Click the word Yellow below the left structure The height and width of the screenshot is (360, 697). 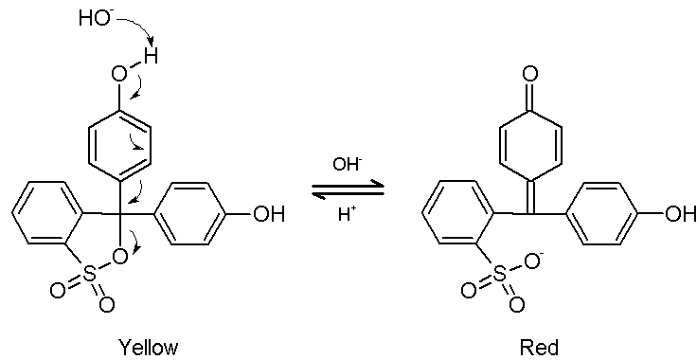tap(148, 347)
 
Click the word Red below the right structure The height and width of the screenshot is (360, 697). tap(538, 347)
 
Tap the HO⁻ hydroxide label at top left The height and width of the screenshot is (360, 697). tap(94, 19)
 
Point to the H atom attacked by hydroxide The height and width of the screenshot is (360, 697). tap(151, 56)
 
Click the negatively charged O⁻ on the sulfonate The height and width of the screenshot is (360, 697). tap(531, 261)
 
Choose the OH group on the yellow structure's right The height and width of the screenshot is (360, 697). tap(268, 215)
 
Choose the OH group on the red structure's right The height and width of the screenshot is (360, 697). tap(680, 215)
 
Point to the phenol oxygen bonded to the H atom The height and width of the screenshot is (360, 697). tap(119, 73)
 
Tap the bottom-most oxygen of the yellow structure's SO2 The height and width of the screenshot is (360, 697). tap(107, 304)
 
